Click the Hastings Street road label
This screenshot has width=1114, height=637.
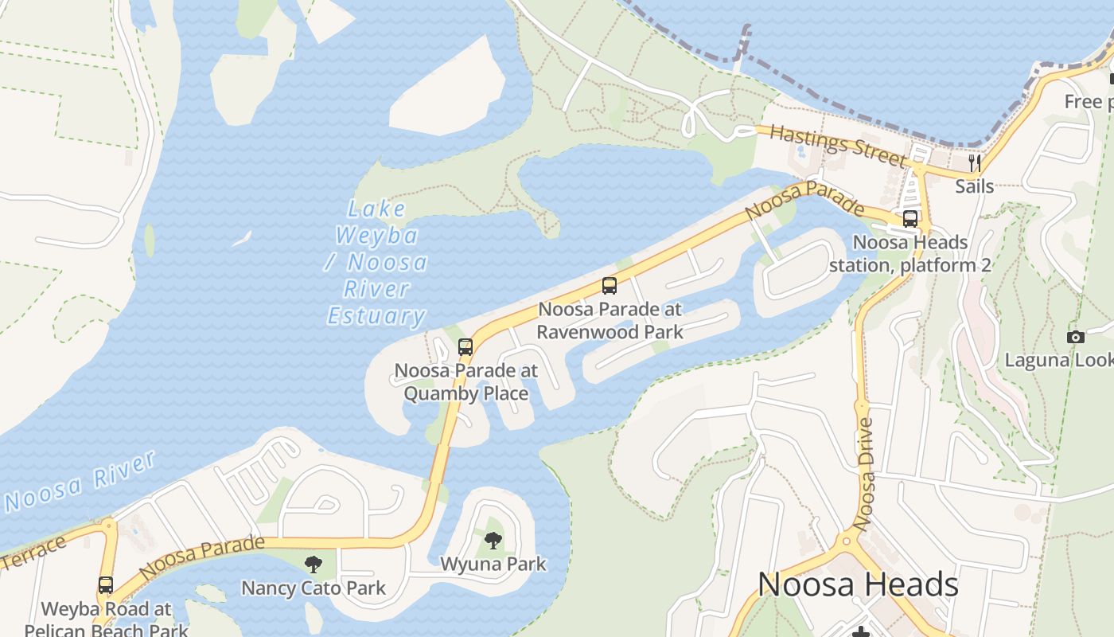pyautogui.click(x=837, y=146)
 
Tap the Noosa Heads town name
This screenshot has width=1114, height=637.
pyautogui.click(x=858, y=585)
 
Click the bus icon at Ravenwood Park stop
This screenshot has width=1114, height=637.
pyautogui.click(x=610, y=286)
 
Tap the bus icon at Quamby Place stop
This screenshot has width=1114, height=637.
pyautogui.click(x=465, y=347)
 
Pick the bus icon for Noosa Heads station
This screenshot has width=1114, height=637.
pyautogui.click(x=910, y=219)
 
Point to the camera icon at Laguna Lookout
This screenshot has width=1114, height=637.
pyautogui.click(x=1076, y=337)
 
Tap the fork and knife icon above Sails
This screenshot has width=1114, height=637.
pyautogui.click(x=974, y=163)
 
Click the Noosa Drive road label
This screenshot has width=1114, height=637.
pyautogui.click(x=866, y=475)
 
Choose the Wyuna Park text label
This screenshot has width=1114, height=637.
pyautogui.click(x=493, y=565)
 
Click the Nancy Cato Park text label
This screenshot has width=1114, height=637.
pyautogui.click(x=314, y=588)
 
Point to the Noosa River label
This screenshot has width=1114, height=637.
pyautogui.click(x=80, y=481)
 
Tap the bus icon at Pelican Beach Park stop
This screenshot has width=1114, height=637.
pyautogui.click(x=106, y=585)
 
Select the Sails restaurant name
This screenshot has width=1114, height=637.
pyautogui.click(x=974, y=186)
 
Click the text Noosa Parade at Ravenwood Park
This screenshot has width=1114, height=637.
pyautogui.click(x=610, y=320)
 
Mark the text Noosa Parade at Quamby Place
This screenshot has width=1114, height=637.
pyautogui.click(x=466, y=382)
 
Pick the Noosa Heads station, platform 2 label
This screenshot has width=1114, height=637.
pyautogui.click(x=910, y=253)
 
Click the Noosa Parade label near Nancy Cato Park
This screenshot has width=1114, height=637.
pyautogui.click(x=201, y=557)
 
